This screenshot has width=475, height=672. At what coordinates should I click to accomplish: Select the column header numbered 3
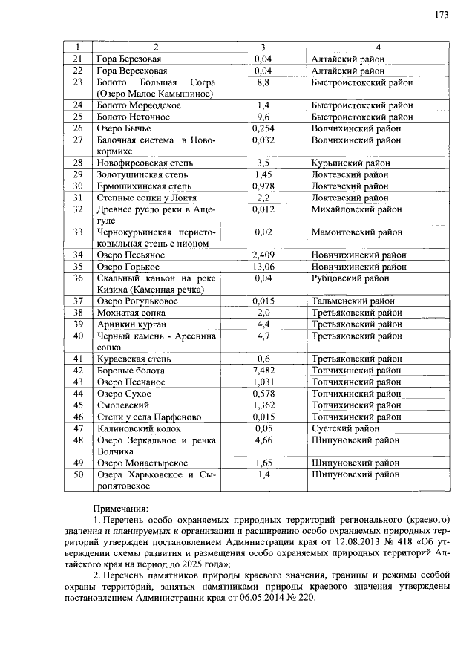tap(262, 47)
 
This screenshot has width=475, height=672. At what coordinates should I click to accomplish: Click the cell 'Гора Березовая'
tap(128, 59)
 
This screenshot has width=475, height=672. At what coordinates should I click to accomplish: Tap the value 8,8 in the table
tap(262, 82)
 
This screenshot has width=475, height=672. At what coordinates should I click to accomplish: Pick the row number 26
tap(76, 128)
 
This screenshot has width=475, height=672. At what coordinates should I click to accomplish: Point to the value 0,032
tap(262, 140)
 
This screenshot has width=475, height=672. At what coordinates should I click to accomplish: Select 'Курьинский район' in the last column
tap(350, 163)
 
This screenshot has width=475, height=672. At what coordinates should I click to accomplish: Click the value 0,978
tap(262, 186)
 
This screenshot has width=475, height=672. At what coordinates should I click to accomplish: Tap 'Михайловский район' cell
tap(356, 209)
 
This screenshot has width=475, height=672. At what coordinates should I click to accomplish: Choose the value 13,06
tap(262, 267)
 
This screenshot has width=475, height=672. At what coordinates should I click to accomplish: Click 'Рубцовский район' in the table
tap(349, 278)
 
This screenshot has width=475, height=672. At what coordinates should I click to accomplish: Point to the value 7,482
tap(262, 371)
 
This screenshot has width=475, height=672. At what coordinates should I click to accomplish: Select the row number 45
tap(76, 405)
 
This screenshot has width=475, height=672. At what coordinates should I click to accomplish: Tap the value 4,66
tap(262, 440)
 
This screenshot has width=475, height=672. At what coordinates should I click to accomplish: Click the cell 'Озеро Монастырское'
tap(142, 463)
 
